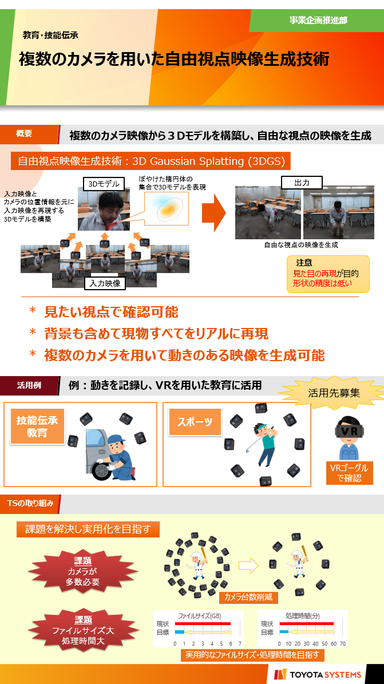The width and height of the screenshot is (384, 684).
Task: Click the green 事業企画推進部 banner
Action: click(317, 21)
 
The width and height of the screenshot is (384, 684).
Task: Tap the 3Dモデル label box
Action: click(104, 184)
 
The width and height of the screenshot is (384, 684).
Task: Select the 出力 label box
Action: click(302, 182)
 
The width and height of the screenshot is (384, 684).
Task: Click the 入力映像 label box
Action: click(105, 283)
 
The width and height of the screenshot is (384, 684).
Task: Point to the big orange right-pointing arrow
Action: click(214, 213)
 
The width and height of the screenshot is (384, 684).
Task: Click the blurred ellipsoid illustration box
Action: click(167, 208)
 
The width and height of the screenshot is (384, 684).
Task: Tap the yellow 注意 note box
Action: click(328, 274)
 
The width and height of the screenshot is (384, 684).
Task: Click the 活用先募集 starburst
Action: click(334, 393)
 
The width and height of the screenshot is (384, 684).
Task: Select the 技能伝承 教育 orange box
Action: click(37, 426)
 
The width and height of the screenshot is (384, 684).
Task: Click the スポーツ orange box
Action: click(195, 422)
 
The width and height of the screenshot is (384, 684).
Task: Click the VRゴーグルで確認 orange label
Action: click(350, 473)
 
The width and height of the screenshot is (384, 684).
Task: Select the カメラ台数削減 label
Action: click(248, 597)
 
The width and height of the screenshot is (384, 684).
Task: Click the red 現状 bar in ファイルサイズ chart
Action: click(203, 624)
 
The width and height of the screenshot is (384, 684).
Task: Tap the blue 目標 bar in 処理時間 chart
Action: click(284, 632)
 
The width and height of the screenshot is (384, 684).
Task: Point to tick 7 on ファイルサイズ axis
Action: click(240, 643)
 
